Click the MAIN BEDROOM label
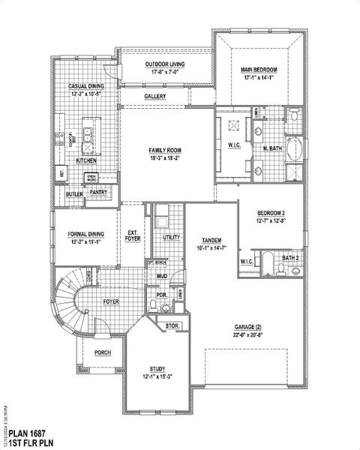click(x=259, y=69)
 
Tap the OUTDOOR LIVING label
click(x=165, y=64)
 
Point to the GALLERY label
click(x=155, y=97)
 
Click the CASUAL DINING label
click(x=85, y=86)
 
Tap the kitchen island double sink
click(x=88, y=136)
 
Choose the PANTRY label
click(x=98, y=192)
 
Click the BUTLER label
click(x=74, y=194)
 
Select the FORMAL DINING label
click(x=84, y=235)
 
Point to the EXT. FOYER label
click(x=132, y=235)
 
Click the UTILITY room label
click(x=172, y=238)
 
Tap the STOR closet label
click(x=171, y=325)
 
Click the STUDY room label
click(x=157, y=369)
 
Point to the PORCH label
click(x=103, y=352)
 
